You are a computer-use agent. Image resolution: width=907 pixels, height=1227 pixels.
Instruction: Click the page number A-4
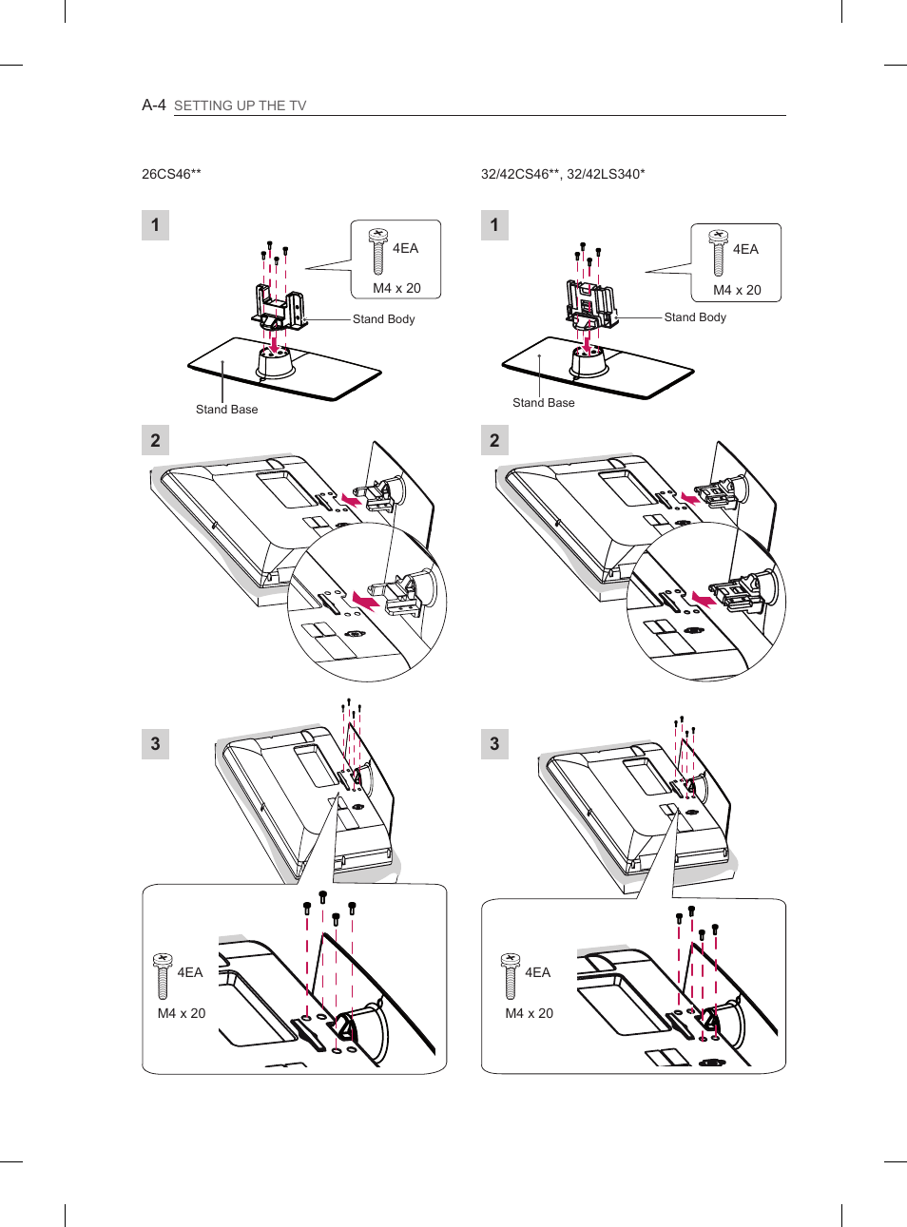click(x=154, y=105)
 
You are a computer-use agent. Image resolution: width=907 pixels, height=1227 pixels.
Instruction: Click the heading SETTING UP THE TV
click(x=240, y=105)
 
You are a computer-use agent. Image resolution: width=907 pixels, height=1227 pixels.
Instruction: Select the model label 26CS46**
click(x=171, y=174)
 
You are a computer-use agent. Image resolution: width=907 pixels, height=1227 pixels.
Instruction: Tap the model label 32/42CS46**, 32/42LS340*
click(x=563, y=174)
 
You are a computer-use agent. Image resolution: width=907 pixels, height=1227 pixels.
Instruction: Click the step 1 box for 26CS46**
click(x=156, y=225)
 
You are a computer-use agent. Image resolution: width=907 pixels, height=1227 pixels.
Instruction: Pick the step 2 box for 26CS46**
click(x=156, y=440)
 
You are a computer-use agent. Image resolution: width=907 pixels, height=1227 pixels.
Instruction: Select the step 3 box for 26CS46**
click(x=156, y=743)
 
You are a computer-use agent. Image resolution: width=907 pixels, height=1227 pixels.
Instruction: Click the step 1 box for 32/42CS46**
click(x=494, y=225)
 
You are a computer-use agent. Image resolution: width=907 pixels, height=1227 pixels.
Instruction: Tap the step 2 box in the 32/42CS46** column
click(x=494, y=440)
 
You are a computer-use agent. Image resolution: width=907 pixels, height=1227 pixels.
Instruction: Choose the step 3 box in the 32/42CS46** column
click(x=494, y=743)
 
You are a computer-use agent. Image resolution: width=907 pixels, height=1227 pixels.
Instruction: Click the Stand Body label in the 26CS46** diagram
click(x=383, y=319)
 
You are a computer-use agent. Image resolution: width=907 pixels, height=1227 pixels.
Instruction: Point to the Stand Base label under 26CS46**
click(x=227, y=410)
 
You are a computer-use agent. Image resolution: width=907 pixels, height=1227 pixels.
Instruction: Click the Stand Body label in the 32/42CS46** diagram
click(x=695, y=317)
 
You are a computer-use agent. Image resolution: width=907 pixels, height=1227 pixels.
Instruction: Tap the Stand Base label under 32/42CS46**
click(x=544, y=403)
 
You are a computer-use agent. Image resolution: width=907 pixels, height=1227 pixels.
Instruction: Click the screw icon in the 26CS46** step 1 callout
click(x=378, y=251)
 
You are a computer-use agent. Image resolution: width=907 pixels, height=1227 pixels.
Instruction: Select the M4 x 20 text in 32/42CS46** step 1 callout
click(x=737, y=290)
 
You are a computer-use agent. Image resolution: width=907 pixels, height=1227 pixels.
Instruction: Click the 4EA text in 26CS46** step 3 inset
click(x=190, y=972)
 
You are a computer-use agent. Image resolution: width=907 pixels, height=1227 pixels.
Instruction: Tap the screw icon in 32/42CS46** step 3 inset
click(x=511, y=976)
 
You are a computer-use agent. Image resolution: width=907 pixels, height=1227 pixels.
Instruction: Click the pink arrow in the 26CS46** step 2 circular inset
click(x=366, y=601)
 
